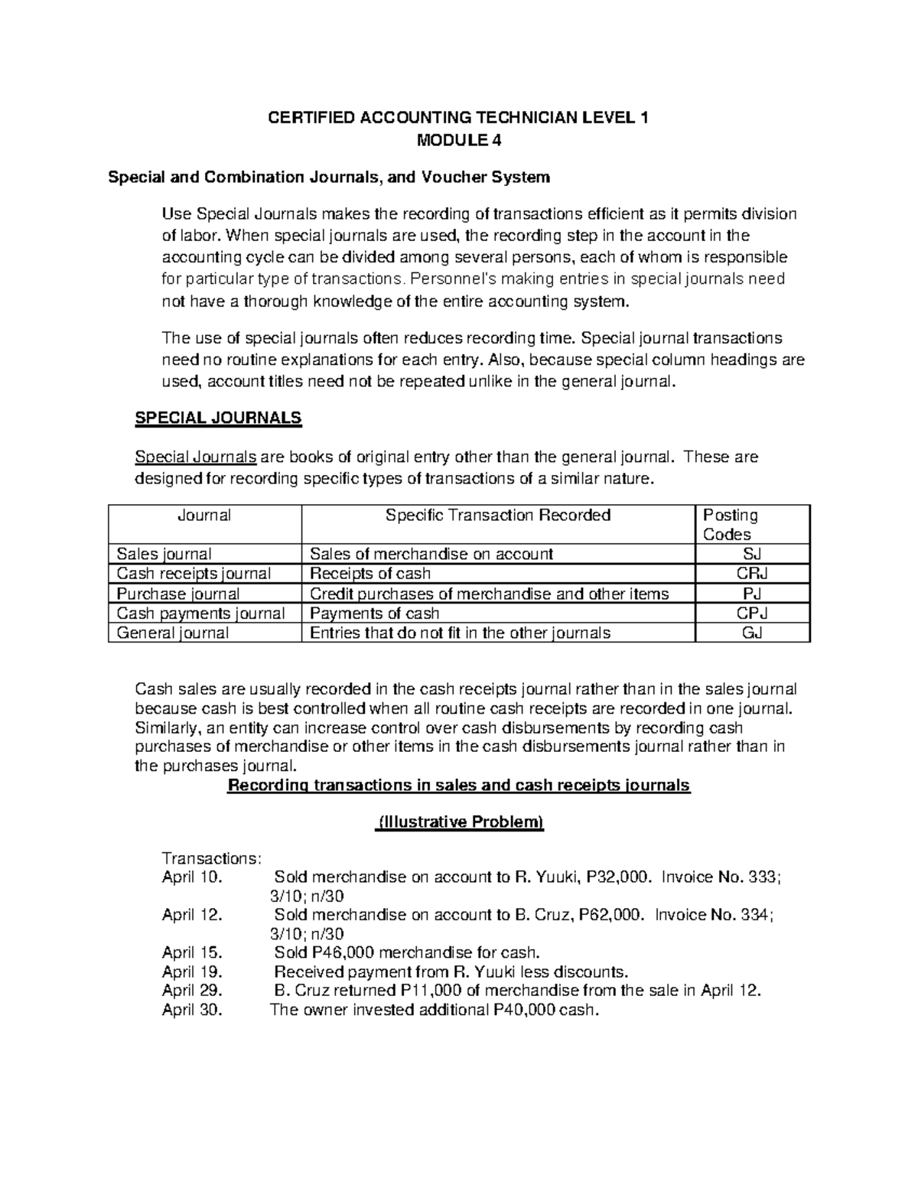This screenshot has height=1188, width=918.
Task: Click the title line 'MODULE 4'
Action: [x=458, y=140]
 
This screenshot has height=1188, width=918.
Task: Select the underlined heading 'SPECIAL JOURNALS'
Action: [x=218, y=418]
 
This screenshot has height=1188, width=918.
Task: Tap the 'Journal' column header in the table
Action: [x=204, y=516]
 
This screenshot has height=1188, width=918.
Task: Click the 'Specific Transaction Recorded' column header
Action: [x=498, y=516]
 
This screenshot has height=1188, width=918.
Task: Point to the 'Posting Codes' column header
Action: [x=730, y=525]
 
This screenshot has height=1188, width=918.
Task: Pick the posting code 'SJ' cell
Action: [x=753, y=554]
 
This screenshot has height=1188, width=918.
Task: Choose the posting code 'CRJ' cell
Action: [x=753, y=574]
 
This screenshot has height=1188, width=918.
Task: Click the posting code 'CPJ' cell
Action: [x=753, y=614]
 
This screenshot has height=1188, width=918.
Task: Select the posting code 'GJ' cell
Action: [x=753, y=633]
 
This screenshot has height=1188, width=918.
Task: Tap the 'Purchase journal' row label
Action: [x=177, y=594]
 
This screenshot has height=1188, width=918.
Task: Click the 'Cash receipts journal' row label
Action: [x=194, y=574]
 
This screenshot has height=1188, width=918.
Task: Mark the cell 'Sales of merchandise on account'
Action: [x=431, y=554]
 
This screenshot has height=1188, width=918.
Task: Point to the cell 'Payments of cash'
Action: [x=374, y=614]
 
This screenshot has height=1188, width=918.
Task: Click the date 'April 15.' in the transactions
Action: [x=192, y=952]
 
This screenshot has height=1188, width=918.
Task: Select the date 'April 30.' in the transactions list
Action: [x=192, y=1010]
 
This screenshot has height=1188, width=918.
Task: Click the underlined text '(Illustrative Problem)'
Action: [x=459, y=822]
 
